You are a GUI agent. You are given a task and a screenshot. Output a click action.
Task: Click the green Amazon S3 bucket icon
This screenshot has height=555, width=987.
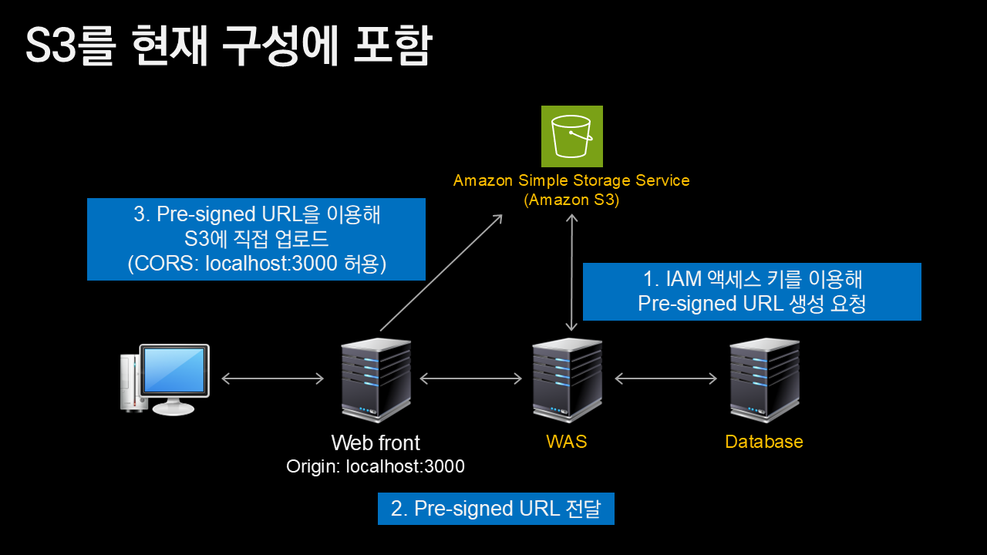[571, 136]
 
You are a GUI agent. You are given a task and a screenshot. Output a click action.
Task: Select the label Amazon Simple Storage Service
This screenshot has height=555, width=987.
[571, 181]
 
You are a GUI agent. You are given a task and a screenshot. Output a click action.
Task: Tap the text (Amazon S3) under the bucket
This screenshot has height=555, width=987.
[571, 200]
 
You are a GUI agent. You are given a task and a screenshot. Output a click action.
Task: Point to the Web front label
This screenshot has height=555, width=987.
[376, 443]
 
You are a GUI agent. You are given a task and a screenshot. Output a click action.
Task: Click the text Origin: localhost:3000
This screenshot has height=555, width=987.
[376, 466]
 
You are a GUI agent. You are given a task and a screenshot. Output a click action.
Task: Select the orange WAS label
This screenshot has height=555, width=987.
[566, 442]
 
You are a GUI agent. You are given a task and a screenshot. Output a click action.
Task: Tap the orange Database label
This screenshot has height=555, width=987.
[764, 442]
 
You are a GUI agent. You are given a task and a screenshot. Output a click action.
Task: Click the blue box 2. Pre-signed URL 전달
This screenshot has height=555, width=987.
[496, 509]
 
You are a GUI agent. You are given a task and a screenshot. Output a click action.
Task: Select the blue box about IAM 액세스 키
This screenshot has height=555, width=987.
[752, 291]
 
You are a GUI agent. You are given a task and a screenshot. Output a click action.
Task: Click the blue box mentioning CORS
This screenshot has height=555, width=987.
[256, 239]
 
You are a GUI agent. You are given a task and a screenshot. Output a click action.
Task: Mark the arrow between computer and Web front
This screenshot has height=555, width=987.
[272, 378]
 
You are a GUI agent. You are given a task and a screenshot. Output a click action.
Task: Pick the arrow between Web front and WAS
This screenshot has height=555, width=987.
[471, 378]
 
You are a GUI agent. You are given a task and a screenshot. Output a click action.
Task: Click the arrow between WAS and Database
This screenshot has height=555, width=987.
[666, 378]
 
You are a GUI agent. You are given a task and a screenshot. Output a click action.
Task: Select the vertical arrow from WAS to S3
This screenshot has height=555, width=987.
[571, 273]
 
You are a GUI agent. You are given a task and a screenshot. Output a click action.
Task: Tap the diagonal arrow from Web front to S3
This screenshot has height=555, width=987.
[441, 272]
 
